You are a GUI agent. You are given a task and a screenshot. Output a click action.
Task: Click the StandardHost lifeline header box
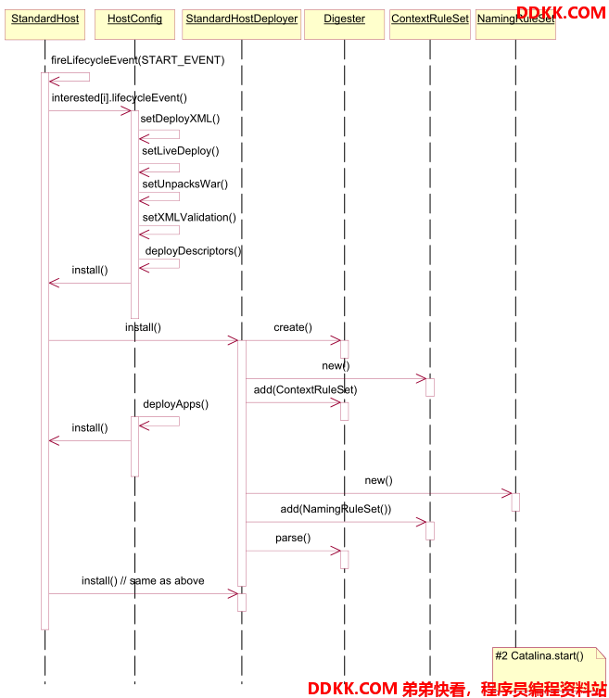point(45,24)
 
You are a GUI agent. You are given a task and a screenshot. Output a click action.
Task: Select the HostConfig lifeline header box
point(134,24)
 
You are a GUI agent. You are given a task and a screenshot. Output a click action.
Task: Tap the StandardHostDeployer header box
point(241,24)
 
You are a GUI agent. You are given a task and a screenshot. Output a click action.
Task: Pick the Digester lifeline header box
point(344,24)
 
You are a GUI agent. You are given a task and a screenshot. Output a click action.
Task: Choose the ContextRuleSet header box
point(429,24)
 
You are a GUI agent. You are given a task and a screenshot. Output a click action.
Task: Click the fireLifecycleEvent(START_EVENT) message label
point(137,60)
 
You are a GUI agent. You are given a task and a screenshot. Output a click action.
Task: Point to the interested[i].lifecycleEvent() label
point(120,98)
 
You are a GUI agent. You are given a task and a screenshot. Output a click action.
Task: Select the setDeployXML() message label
point(181,119)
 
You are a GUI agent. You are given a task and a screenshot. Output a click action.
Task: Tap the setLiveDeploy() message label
point(181,151)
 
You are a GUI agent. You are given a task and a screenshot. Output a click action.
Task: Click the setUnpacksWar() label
point(185,184)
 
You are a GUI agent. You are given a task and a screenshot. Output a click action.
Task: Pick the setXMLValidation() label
point(189,217)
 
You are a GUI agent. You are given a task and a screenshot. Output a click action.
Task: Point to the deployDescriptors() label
point(193,251)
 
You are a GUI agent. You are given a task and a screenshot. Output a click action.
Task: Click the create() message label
point(293,327)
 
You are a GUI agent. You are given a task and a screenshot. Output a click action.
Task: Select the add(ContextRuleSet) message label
point(305,390)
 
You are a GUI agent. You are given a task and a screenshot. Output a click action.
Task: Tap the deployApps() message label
point(176,404)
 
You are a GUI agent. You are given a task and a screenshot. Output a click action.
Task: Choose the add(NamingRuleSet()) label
point(336,509)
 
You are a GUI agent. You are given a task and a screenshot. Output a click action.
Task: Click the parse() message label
point(293,538)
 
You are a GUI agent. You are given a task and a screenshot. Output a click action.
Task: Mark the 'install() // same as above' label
point(143,580)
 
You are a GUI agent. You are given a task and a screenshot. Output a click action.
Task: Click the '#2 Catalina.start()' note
point(550,666)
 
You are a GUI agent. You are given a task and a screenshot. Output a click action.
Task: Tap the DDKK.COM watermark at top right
point(561,12)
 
